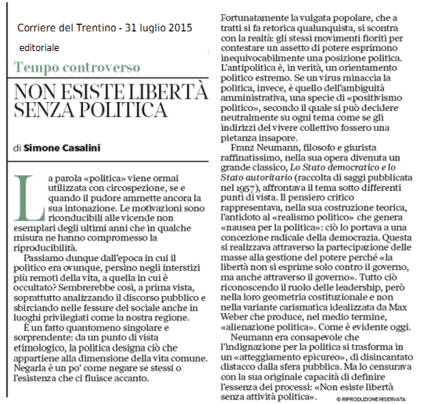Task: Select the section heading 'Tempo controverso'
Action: (x=77, y=67)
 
